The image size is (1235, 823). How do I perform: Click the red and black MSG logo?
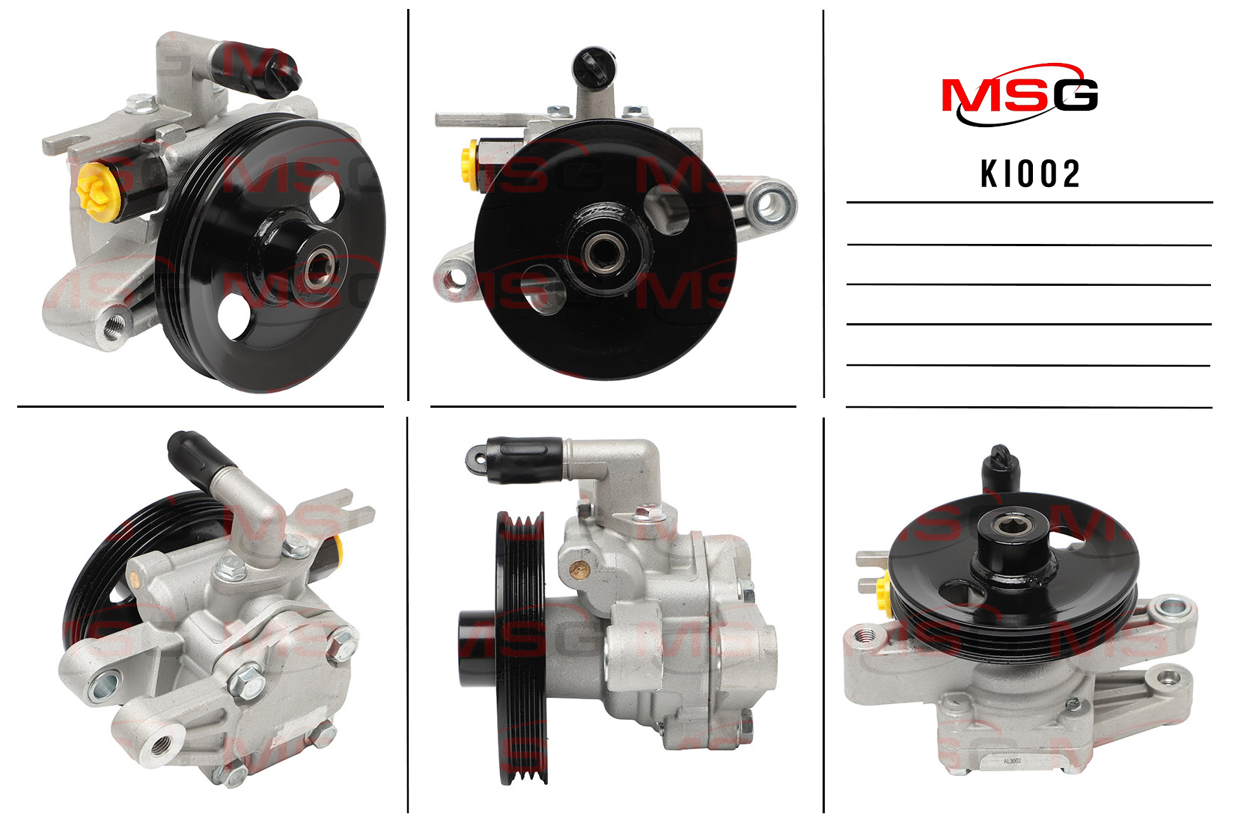coord(1020,95)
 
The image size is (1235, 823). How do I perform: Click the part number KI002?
coord(1029,174)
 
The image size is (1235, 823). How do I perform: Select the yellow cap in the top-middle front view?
coord(470,165)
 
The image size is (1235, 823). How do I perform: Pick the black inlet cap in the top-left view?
coord(263,72)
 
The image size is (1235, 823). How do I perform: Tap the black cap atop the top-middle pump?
coord(594,66)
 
